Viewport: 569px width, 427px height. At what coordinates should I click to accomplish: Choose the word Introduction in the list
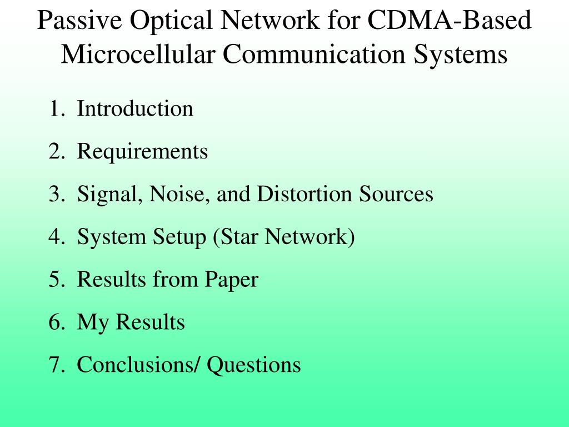(135, 108)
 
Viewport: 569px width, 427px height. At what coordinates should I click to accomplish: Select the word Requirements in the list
(142, 151)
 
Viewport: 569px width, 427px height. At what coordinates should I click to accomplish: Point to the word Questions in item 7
(254, 365)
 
